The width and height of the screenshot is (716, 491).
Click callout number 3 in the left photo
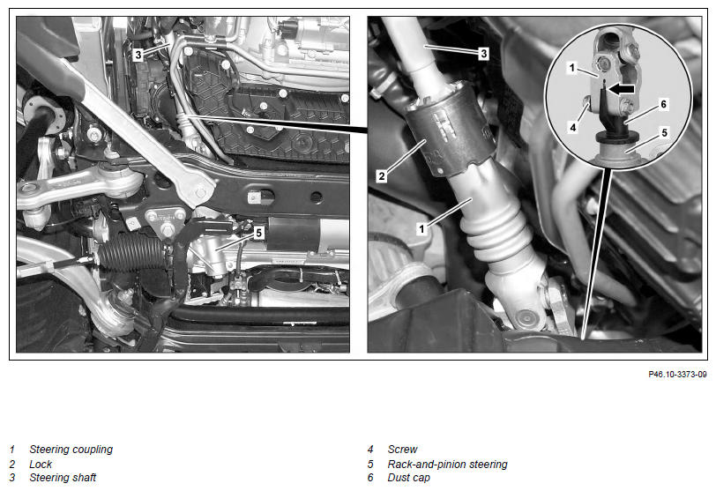tap(138, 56)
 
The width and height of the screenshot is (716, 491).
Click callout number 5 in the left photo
tap(259, 234)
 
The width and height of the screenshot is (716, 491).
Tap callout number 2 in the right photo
tap(382, 175)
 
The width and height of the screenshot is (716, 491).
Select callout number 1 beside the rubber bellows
tap(421, 228)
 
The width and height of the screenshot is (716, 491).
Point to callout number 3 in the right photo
tap(483, 54)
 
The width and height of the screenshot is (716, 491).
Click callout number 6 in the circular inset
tap(663, 105)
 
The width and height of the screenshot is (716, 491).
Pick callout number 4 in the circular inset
tap(573, 127)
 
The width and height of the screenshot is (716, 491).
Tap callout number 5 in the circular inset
tap(664, 133)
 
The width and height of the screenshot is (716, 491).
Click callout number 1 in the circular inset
tap(572, 69)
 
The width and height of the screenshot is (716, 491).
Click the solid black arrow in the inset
tap(622, 89)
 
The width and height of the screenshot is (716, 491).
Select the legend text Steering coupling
tap(71, 450)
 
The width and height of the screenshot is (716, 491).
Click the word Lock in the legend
tap(41, 464)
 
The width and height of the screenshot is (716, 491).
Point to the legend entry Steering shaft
tap(63, 478)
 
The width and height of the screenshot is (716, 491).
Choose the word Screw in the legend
tap(402, 450)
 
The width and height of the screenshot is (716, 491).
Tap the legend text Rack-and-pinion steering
tap(448, 464)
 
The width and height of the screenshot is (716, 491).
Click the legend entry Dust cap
tap(408, 478)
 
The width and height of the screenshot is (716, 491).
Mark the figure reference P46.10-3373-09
tap(677, 374)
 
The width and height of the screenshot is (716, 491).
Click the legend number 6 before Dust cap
tap(370, 478)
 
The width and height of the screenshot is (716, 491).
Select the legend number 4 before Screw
tap(370, 450)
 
